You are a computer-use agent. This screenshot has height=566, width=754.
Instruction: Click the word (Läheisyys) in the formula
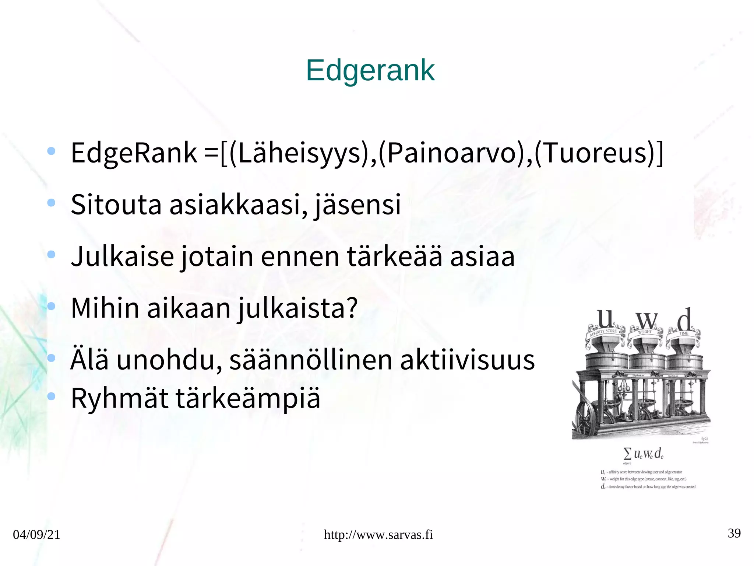pos(299,153)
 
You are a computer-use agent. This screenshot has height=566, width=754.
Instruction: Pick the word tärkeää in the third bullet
pos(394,256)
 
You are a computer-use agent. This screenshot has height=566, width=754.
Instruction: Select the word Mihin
pos(105,308)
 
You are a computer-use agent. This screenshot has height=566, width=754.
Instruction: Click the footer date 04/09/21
pos(36,534)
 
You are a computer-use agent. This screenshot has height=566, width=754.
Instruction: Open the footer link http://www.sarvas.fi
pos(378,534)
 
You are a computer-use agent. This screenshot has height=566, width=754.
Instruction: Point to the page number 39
pos(734,533)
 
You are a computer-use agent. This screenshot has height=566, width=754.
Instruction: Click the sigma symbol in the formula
pos(627,453)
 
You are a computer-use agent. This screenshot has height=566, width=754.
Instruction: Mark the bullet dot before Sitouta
pos(52,202)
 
